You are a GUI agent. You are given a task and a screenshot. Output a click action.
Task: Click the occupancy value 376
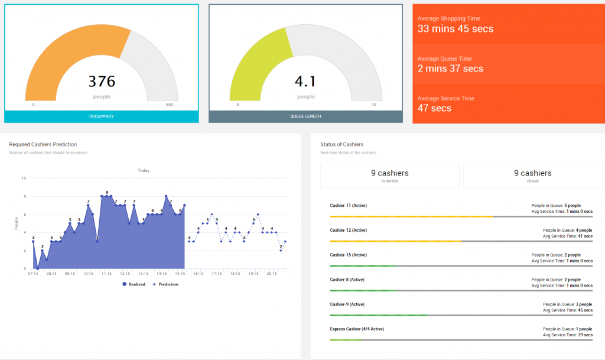pyautogui.click(x=102, y=81)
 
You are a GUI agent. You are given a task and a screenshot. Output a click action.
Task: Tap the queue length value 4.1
pyautogui.click(x=305, y=81)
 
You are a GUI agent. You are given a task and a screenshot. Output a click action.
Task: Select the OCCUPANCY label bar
pyautogui.click(x=102, y=116)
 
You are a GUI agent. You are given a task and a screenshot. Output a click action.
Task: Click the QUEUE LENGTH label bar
pyautogui.click(x=305, y=116)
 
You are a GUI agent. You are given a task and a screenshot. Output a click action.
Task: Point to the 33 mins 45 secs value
pyautogui.click(x=455, y=29)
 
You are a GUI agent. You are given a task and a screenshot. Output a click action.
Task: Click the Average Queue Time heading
pyautogui.click(x=445, y=59)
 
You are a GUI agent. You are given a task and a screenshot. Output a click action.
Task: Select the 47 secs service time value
pyautogui.click(x=434, y=108)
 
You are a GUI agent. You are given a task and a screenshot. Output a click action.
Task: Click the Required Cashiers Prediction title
pyautogui.click(x=43, y=144)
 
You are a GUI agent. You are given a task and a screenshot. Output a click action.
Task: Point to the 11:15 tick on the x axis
pyautogui.click(x=106, y=274)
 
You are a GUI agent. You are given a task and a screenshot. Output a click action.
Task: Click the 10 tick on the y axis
pyautogui.click(x=24, y=178)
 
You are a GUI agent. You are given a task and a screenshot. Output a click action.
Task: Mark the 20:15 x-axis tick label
pyautogui.click(x=271, y=274)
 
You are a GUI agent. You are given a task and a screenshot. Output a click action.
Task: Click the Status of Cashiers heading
pyautogui.click(x=341, y=144)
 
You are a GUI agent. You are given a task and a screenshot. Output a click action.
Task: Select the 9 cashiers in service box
pyautogui.click(x=389, y=176)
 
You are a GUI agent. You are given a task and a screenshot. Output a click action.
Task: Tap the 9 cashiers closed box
pyautogui.click(x=532, y=176)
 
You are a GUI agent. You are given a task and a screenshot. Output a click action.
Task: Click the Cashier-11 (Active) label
pyautogui.click(x=349, y=206)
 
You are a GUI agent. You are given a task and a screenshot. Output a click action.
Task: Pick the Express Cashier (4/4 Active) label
pyautogui.click(x=357, y=329)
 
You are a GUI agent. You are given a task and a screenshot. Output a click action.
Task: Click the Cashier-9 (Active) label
pyautogui.click(x=347, y=304)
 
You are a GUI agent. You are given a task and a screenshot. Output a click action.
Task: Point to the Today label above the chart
pyautogui.click(x=144, y=170)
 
